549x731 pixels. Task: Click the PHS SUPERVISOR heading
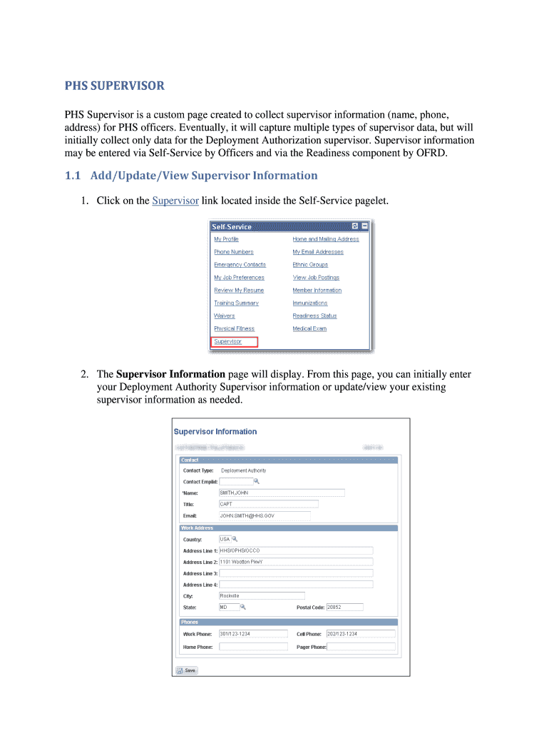tap(114, 86)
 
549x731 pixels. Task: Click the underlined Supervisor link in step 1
tap(175, 201)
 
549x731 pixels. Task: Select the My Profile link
tap(226, 239)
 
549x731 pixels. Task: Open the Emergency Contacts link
tap(240, 265)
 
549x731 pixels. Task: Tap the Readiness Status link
tap(314, 316)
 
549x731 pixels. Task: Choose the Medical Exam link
tap(309, 328)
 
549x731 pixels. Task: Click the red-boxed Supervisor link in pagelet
tap(228, 342)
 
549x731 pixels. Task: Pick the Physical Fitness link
tap(234, 328)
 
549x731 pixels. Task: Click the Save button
tap(187, 670)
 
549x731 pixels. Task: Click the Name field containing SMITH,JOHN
tap(281, 493)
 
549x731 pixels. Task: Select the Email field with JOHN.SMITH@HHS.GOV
tap(264, 515)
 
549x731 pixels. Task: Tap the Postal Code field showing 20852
tap(344, 608)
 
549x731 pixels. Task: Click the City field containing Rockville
tap(261, 595)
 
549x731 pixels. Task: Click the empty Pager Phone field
tap(361, 647)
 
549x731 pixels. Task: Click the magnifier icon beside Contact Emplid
tap(247, 481)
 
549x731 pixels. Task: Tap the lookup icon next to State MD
tap(242, 608)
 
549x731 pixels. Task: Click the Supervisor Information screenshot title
tap(215, 432)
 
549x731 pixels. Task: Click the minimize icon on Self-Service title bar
tap(364, 226)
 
